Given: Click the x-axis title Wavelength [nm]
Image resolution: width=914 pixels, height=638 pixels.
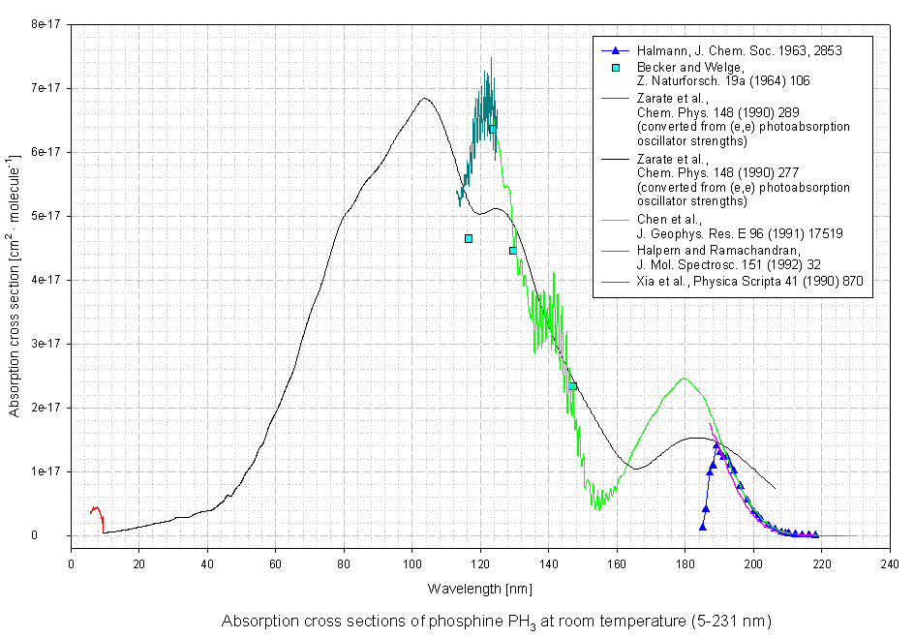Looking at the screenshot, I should tap(479, 588).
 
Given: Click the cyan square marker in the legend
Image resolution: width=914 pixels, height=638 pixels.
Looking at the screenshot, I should tap(615, 67).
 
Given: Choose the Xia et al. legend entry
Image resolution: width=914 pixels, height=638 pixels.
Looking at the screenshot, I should tap(749, 281).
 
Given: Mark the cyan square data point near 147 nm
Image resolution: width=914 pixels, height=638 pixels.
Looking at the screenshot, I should tap(572, 386).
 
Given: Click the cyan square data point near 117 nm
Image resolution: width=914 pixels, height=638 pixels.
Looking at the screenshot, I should tap(469, 238).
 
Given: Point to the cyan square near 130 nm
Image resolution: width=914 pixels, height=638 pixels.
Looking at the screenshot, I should tap(513, 251).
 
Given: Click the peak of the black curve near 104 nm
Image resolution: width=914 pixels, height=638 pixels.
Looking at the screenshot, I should tap(424, 98).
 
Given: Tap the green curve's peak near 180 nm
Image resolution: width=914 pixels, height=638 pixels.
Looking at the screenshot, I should tap(684, 379).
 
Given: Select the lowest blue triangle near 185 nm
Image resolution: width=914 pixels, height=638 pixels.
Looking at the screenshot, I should tap(703, 527).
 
